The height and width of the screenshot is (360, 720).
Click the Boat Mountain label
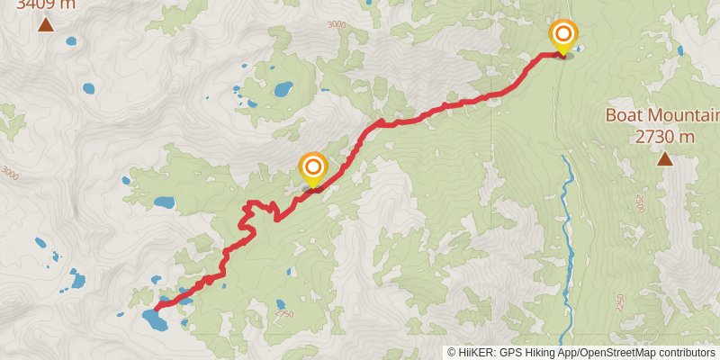click(662, 115)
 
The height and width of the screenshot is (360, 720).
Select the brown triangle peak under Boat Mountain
click(665, 159)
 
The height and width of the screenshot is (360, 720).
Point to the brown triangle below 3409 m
click(45, 23)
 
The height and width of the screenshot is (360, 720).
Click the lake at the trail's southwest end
click(150, 316)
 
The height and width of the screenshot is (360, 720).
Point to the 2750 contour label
click(284, 314)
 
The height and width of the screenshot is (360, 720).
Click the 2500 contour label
click(640, 203)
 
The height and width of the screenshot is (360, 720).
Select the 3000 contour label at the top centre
click(336, 24)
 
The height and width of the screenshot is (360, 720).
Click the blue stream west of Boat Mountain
click(567, 225)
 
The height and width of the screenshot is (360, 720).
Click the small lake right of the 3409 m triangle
click(88, 89)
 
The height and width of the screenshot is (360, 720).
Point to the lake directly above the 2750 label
click(281, 303)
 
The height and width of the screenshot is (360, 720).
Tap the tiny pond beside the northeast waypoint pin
click(573, 50)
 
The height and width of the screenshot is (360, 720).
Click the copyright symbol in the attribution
click(452, 352)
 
